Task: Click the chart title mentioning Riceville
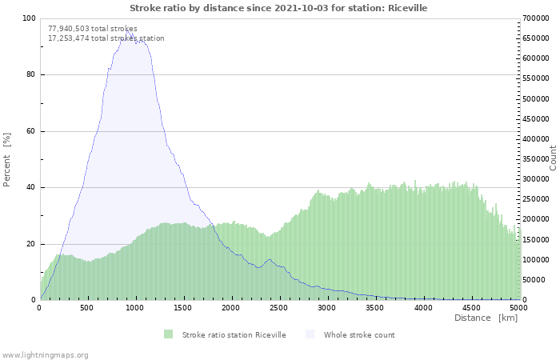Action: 278,8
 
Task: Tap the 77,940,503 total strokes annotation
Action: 93,29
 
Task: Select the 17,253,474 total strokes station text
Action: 106,38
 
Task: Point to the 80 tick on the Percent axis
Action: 30,74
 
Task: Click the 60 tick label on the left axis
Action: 30,131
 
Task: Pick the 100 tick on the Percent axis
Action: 29,18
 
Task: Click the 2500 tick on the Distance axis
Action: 278,308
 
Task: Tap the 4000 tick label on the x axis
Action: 423,308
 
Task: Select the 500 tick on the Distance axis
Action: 86,308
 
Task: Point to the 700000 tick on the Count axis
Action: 536,18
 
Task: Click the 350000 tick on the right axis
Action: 536,159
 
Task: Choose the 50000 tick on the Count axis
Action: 534,280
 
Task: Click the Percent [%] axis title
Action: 6,159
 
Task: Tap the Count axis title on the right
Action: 553,158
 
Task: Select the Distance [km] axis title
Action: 486,318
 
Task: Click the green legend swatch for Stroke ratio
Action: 168,334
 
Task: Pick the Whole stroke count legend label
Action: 359,335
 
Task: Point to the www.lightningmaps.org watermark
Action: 44,355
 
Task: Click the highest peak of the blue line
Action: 127,30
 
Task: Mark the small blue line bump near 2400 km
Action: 270,260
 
